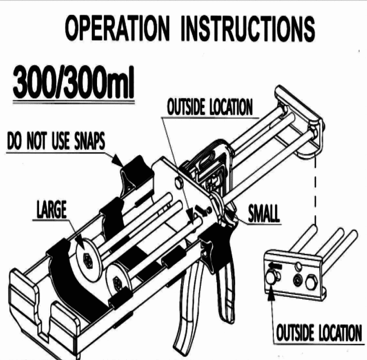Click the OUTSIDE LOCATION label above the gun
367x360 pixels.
tap(209, 107)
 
